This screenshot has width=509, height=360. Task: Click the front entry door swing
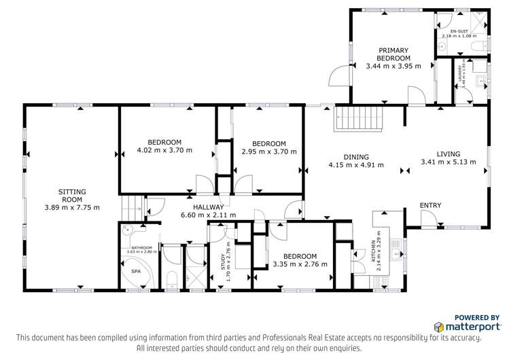pos(428,219)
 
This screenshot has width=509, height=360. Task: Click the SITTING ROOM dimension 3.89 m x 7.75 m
pos(71,207)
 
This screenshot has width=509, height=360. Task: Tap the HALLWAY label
pos(208,206)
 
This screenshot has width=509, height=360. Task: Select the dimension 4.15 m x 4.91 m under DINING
pos(355,164)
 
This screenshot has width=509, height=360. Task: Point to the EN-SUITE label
pos(455,31)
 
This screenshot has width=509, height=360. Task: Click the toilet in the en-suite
pos(480,46)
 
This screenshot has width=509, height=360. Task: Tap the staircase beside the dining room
pos(360,120)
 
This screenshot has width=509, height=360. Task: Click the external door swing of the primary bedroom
pos(338,76)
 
